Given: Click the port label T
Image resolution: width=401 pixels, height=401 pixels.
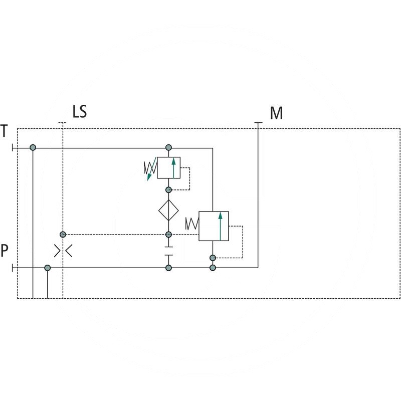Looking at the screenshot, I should click(5, 131).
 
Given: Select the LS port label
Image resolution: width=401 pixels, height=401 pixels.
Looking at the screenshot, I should click(80, 111).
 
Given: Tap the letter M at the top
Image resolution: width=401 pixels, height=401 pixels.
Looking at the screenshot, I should click(276, 113).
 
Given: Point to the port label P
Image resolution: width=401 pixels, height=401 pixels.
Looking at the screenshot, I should click(5, 251).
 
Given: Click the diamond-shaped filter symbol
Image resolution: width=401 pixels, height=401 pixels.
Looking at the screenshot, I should click(168, 210).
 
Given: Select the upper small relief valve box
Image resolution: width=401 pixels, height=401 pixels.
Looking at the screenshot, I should click(168, 168).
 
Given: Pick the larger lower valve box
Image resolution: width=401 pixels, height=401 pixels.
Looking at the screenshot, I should click(214, 226).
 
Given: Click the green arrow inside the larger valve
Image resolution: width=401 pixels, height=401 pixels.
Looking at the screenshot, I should click(220, 226).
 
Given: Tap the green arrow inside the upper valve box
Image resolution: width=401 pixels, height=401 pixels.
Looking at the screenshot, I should click(173, 167).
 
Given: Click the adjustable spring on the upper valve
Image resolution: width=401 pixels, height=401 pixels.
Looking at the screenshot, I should click(150, 169).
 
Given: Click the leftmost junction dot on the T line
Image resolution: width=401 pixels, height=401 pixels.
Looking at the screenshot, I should click(33, 148).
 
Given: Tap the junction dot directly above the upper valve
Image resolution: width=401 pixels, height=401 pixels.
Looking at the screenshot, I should click(168, 148).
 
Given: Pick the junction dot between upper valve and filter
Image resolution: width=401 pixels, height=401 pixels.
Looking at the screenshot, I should click(168, 190).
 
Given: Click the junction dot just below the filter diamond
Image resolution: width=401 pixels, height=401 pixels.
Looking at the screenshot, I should click(168, 235).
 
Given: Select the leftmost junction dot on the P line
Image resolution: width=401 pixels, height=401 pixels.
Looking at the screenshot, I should click(48, 268).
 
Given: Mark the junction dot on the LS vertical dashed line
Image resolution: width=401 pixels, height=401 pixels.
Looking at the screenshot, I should click(63, 235).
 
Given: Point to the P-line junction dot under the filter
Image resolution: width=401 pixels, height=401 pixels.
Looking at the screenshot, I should click(168, 268).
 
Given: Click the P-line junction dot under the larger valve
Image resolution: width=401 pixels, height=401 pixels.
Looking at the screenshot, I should click(213, 268).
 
